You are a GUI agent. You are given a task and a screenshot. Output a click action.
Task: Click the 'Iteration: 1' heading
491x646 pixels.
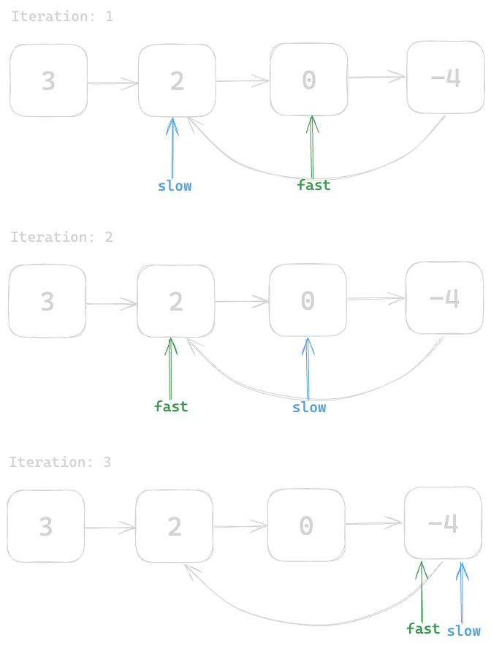coord(62,16)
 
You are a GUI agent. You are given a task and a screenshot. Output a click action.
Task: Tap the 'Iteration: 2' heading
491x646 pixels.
coord(61,237)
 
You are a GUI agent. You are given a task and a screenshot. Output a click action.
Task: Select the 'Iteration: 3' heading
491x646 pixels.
coord(61,462)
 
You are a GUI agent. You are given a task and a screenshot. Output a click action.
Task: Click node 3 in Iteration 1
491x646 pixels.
coord(48,80)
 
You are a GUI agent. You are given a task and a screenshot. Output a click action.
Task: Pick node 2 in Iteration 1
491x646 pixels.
coord(177,80)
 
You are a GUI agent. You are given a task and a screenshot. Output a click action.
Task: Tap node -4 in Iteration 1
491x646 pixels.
coord(445,77)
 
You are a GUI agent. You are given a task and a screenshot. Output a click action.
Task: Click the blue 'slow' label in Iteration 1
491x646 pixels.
coord(175,186)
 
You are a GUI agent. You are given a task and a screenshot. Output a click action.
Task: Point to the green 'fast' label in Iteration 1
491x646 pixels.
coord(313,186)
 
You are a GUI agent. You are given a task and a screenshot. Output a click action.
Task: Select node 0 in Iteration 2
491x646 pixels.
coord(308,300)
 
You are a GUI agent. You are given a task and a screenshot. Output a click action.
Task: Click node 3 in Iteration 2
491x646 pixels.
coord(47,301)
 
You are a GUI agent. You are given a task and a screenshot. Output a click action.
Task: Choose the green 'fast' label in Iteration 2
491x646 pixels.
coord(171,406)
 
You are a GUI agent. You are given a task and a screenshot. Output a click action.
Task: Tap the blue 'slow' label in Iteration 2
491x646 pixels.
coord(309,407)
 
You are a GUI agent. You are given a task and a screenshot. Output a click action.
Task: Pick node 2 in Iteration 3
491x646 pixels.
coord(174,526)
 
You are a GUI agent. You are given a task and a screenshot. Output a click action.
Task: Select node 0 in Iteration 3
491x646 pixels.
coord(306,525)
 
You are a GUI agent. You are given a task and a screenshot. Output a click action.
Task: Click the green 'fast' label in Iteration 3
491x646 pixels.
coord(423,628)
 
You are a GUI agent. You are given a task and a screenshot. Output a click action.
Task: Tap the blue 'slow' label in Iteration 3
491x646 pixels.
coord(464,631)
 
